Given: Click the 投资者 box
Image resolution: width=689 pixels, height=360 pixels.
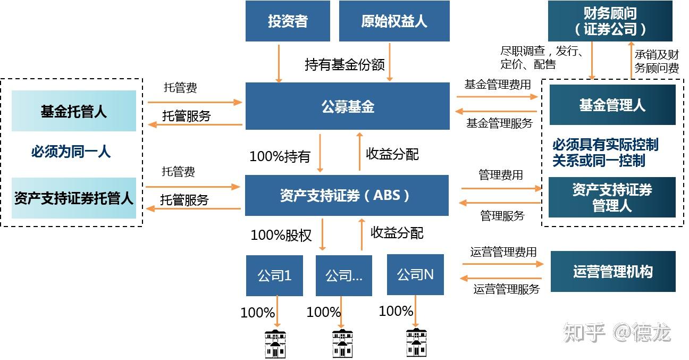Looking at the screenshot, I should (288, 21).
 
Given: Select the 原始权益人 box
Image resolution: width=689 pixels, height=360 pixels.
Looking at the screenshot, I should (394, 21).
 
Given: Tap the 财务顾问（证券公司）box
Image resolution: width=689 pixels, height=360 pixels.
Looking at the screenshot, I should (610, 21).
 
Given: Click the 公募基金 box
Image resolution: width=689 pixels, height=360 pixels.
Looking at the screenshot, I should (348, 106).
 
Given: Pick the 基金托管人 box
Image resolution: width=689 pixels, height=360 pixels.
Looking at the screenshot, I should (74, 111).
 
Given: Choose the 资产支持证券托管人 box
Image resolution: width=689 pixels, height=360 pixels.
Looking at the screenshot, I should (74, 198).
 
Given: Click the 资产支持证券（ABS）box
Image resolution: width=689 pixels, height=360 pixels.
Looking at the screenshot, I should (347, 195).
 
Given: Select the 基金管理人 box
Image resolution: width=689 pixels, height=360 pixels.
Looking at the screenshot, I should (612, 105).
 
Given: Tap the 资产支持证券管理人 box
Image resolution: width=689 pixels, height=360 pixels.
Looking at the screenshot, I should (612, 197).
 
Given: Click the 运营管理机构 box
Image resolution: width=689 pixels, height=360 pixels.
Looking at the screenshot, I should (612, 272).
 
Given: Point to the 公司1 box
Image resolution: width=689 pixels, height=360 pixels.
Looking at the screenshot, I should (274, 275).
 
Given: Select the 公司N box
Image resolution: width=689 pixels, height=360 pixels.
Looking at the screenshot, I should (415, 274).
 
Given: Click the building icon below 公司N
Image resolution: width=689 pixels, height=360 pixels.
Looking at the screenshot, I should (416, 343).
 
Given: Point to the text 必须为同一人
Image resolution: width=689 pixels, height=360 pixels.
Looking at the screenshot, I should (71, 152).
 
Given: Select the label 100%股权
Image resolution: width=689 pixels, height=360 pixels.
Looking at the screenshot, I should (281, 235).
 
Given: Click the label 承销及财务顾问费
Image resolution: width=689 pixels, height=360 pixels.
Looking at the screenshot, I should (657, 61).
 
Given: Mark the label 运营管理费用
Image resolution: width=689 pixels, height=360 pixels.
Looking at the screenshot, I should (503, 252).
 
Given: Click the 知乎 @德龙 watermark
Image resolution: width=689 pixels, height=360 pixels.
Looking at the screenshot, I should (617, 333).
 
